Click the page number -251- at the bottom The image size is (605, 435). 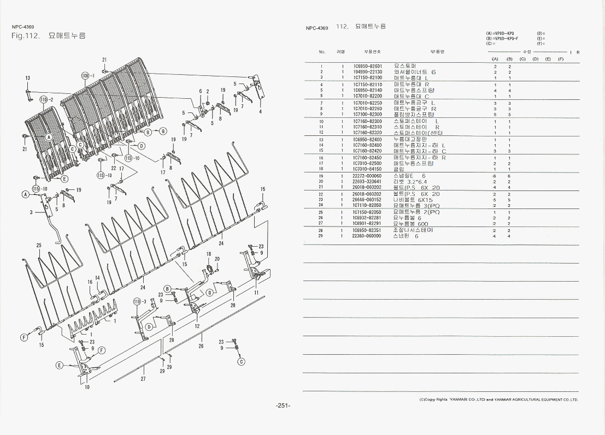283,406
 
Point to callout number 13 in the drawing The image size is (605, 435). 27,78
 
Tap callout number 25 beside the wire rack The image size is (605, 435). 39,246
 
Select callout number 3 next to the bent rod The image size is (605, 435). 31,212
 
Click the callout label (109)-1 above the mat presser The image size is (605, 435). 88,75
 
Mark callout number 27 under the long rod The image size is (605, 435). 143,378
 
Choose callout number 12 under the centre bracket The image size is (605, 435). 196,326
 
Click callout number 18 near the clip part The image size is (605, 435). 208,254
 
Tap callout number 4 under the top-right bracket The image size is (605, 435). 260,112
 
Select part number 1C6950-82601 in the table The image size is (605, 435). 367,66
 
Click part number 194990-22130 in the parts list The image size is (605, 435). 367,72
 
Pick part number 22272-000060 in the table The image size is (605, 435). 367,176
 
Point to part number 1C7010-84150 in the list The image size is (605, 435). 367,169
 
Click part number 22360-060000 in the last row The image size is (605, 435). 367,236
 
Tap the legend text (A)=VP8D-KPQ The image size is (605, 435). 500,33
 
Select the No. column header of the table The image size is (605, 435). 322,52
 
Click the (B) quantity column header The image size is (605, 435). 509,59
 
